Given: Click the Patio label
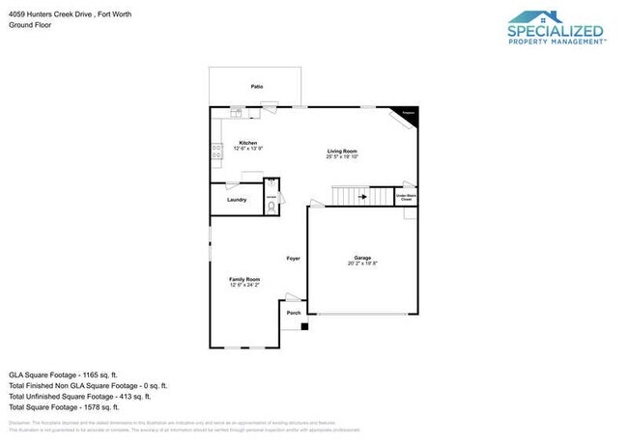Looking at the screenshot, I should (x=256, y=86).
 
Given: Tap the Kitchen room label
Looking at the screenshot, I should (x=248, y=143).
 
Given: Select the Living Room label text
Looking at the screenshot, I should (x=342, y=151).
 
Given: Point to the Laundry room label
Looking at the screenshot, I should (x=237, y=200).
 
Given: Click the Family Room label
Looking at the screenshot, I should (x=245, y=279).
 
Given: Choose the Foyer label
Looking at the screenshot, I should (x=293, y=258).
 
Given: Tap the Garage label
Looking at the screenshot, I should (x=362, y=258).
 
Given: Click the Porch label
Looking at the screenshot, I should (x=294, y=313).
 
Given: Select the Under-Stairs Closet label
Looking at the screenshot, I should (x=405, y=197).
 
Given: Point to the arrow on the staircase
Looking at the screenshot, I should (x=362, y=197).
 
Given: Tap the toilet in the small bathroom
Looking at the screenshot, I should (x=271, y=205).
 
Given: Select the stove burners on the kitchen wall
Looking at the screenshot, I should (x=215, y=150).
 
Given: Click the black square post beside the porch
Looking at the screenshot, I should (x=304, y=326).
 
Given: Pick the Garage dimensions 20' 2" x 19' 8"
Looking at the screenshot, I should (x=362, y=264).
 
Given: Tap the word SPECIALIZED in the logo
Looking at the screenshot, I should (x=556, y=32).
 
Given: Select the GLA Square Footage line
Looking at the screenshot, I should (x=63, y=373).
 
